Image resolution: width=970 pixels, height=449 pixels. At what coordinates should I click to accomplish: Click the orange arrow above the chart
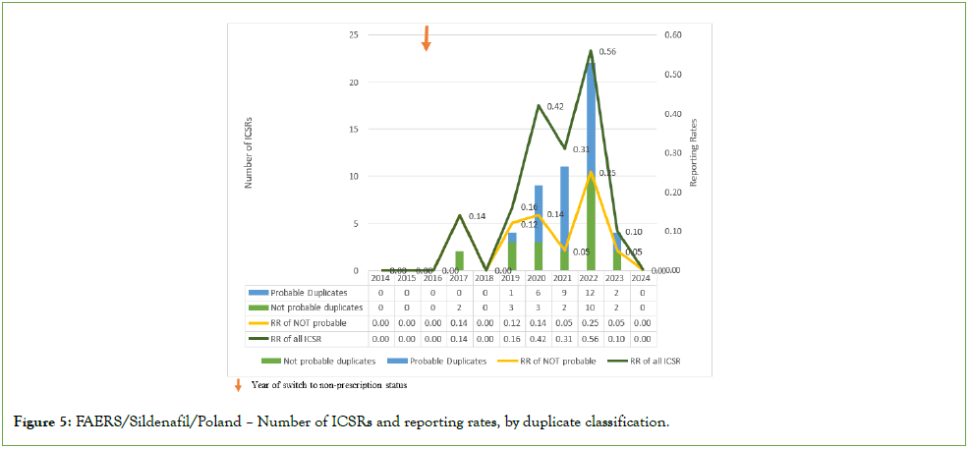click(426, 37)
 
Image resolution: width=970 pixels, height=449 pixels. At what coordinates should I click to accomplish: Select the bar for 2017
click(458, 260)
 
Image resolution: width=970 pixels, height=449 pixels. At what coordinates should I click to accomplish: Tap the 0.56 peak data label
click(608, 51)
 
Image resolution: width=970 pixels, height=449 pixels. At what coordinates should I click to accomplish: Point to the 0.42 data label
click(555, 106)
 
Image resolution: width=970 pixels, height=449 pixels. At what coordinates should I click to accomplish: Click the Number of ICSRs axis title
click(251, 151)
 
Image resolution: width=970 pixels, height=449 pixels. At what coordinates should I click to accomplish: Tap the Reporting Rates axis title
click(693, 151)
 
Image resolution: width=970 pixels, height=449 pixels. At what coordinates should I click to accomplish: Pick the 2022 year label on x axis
click(592, 279)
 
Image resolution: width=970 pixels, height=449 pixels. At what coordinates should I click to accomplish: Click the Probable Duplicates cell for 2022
click(592, 293)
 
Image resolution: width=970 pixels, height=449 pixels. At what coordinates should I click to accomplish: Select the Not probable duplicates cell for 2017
click(458, 308)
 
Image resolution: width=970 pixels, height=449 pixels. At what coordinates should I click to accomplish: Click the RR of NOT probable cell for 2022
click(592, 322)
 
